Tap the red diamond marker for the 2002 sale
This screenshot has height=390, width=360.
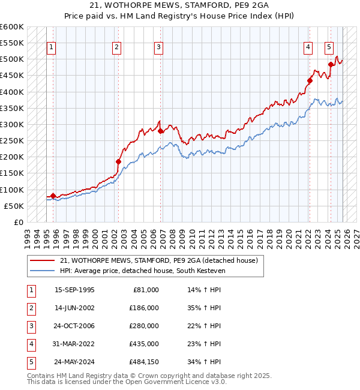[118, 161]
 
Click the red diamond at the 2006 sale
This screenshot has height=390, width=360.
[160, 131]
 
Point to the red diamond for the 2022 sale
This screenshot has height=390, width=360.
[310, 80]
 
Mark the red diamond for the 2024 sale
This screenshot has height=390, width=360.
[331, 64]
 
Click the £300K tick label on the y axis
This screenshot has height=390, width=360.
[12, 125]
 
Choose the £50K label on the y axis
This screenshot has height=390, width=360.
[14, 206]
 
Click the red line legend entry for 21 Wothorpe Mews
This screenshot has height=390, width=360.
[158, 260]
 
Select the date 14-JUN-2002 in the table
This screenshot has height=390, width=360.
[74, 308]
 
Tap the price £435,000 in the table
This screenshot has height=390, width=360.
[143, 344]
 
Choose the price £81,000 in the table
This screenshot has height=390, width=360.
[146, 290]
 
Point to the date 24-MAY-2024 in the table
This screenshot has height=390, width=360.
[74, 362]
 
